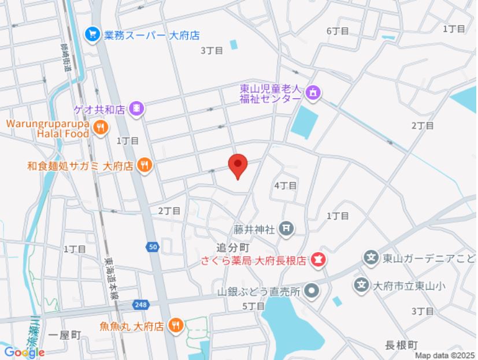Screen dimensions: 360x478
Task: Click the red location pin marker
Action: [238, 166]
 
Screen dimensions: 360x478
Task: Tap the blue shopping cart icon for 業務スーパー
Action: [92, 35]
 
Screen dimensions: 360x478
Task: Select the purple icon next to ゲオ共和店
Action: [136, 108]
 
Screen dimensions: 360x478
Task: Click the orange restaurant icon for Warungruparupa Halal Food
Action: [101, 128]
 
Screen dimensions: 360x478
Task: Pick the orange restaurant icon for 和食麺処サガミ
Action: [144, 166]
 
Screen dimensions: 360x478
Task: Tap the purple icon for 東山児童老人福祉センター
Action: [313, 92]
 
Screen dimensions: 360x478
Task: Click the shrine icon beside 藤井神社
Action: [286, 229]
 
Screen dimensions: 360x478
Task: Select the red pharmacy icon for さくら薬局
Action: [317, 260]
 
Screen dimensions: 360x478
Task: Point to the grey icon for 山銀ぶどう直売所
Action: [312, 291]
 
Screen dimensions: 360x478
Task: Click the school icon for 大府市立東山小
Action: [362, 285]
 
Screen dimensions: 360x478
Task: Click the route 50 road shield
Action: [152, 247]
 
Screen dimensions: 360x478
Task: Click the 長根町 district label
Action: [401, 345]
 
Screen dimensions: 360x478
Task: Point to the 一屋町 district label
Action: [65, 336]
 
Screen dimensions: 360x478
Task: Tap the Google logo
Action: [24, 352]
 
